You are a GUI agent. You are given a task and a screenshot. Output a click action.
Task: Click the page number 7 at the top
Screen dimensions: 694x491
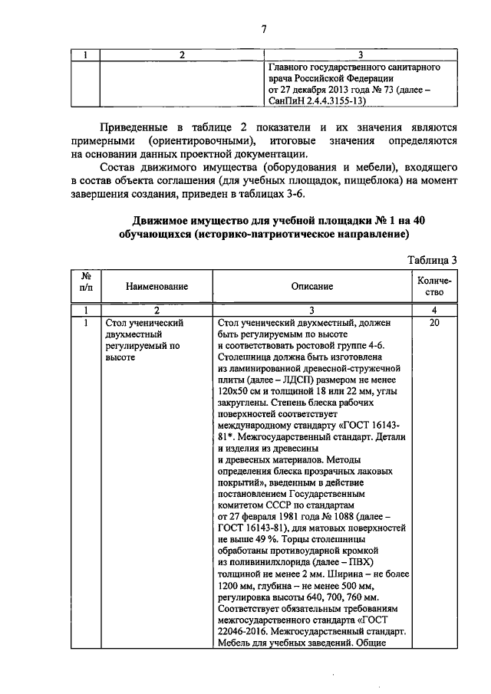point(263,30)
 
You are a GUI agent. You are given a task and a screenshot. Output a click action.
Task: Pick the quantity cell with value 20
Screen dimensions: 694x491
point(434,324)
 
